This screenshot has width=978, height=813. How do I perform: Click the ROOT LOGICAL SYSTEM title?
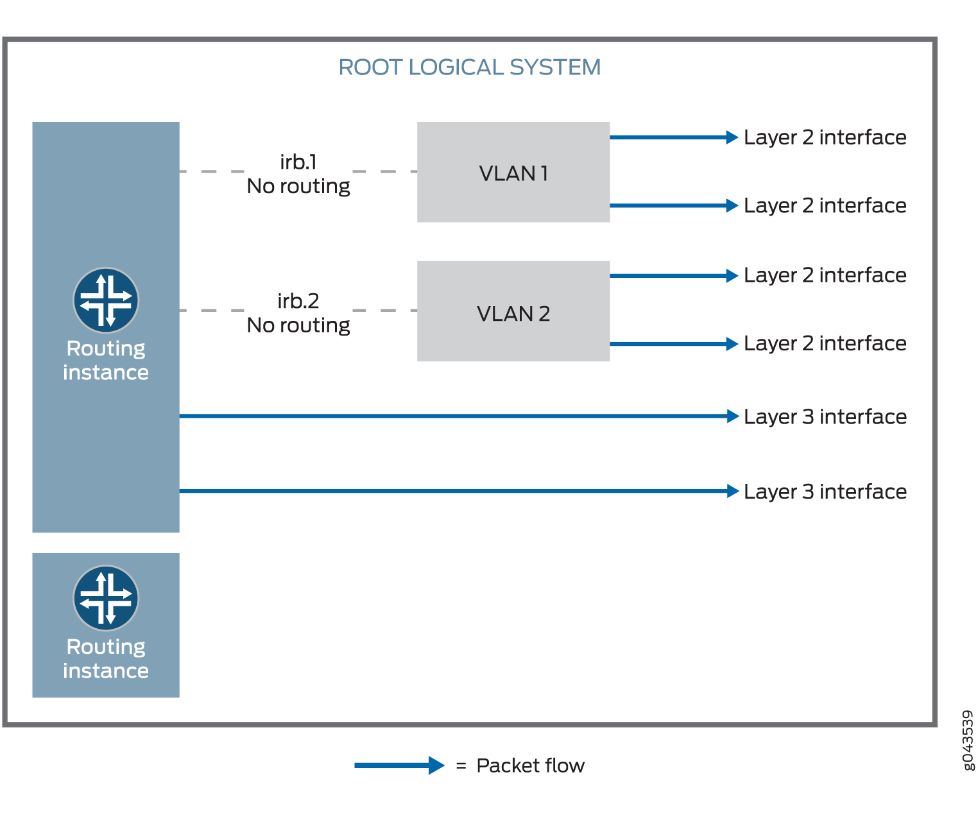coord(469,67)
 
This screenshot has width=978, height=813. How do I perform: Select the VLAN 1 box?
coord(513,173)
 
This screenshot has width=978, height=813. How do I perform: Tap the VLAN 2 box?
coord(513,312)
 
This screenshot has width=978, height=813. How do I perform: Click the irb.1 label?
coord(298,162)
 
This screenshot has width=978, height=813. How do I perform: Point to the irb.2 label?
coord(298,301)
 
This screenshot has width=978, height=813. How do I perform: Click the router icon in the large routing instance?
coord(106,300)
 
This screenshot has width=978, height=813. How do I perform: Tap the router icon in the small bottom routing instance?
coord(106,598)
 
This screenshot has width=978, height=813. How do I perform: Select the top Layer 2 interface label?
coord(825,137)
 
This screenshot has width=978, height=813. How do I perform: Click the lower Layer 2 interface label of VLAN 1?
coord(825,206)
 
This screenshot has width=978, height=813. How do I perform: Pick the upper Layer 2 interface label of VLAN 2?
coord(825,275)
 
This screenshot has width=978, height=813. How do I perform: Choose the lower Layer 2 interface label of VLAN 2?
coord(825,344)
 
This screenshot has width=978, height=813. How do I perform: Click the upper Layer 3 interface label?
coord(825,417)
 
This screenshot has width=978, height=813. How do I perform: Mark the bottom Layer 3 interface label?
coord(825,492)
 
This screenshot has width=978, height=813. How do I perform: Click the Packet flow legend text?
coord(530,766)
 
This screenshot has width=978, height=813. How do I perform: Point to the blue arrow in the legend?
coord(399,765)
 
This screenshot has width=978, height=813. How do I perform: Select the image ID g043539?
coord(968,740)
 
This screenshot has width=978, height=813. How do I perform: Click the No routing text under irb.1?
coord(298,186)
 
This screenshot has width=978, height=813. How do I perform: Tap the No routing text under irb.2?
coord(298,325)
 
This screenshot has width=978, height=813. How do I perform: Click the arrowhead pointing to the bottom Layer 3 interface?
coord(733,491)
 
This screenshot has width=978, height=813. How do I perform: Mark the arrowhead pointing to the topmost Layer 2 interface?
coord(732,137)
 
